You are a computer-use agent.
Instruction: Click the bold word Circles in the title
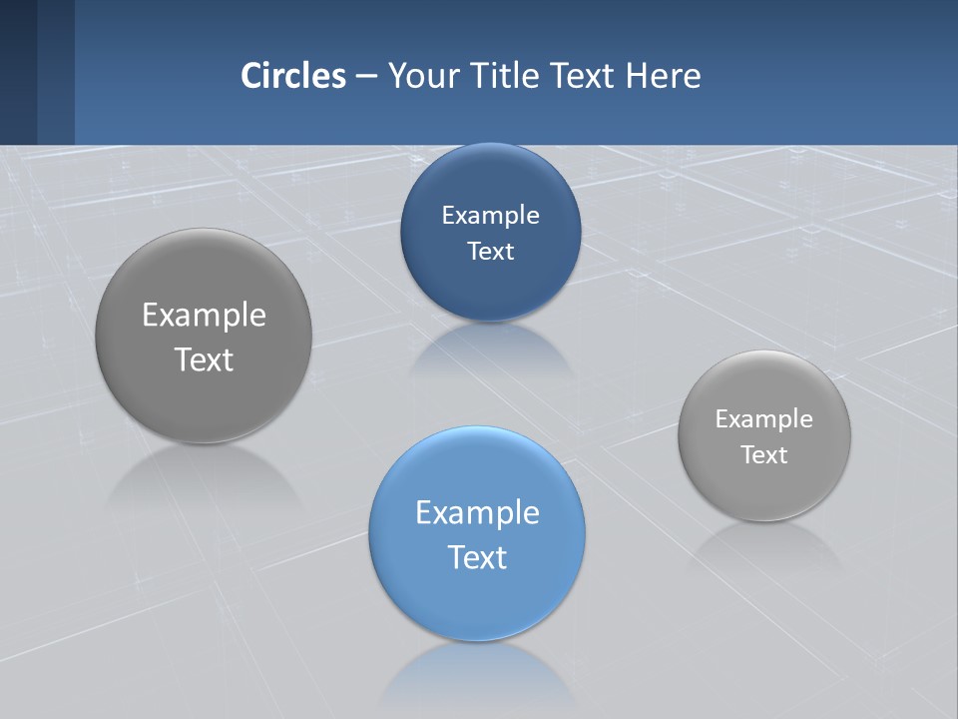(292, 75)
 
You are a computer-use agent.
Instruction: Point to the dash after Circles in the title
(366, 76)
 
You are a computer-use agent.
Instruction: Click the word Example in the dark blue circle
(490, 215)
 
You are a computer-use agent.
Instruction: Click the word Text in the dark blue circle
(490, 251)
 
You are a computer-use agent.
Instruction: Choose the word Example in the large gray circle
(204, 315)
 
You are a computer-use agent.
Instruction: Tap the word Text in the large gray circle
(204, 359)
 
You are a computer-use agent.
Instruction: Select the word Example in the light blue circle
(477, 512)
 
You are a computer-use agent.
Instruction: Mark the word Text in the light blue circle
(477, 557)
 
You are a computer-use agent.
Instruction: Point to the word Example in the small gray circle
(763, 418)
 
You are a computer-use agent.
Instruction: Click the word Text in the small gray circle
(763, 454)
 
